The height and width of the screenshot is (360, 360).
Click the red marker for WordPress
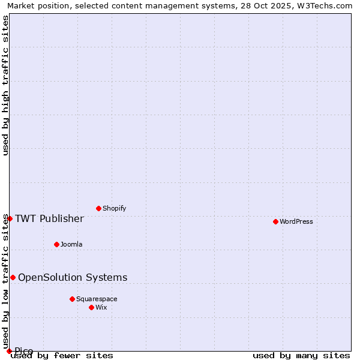click(x=275, y=221)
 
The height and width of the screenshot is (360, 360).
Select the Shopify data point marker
click(x=98, y=208)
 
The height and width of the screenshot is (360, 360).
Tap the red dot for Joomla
click(x=56, y=244)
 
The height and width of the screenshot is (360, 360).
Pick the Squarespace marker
click(x=72, y=299)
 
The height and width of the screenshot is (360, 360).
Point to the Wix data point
click(x=91, y=307)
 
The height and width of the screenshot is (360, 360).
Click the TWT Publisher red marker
click(x=10, y=218)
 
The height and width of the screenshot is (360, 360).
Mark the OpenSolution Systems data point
click(x=13, y=277)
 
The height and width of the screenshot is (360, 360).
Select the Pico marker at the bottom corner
click(x=9, y=351)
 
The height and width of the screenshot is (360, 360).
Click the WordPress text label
click(x=296, y=221)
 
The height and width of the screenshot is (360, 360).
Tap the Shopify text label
click(x=114, y=208)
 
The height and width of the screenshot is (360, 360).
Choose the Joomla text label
click(x=71, y=244)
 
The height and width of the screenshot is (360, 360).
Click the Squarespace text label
click(x=97, y=299)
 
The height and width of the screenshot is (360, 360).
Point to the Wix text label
click(x=101, y=307)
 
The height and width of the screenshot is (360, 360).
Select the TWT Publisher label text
click(x=49, y=218)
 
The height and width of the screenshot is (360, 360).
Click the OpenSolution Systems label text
click(x=73, y=277)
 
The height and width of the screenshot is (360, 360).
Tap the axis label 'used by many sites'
click(x=301, y=356)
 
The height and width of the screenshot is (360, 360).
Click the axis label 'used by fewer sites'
click(x=62, y=356)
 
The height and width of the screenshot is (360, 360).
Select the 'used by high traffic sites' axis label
click(x=6, y=85)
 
